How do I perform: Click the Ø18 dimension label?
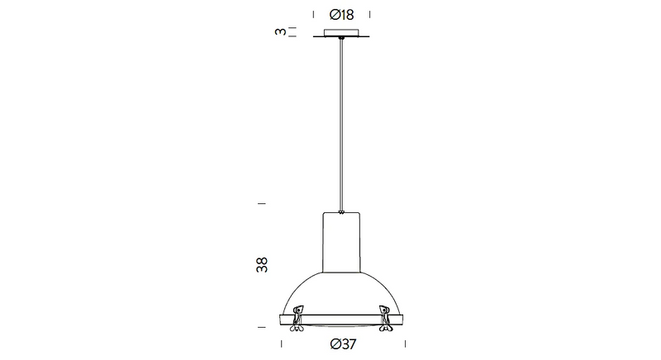[341, 15]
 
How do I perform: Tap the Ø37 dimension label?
[343, 344]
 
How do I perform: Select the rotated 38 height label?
[262, 265]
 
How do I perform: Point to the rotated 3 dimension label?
[280, 31]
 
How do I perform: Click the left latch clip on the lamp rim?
[297, 319]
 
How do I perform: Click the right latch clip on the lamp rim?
[385, 319]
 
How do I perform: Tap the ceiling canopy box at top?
[341, 32]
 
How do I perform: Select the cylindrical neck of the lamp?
[341, 242]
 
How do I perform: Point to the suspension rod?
[341, 125]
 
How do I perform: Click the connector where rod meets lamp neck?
[341, 212]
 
